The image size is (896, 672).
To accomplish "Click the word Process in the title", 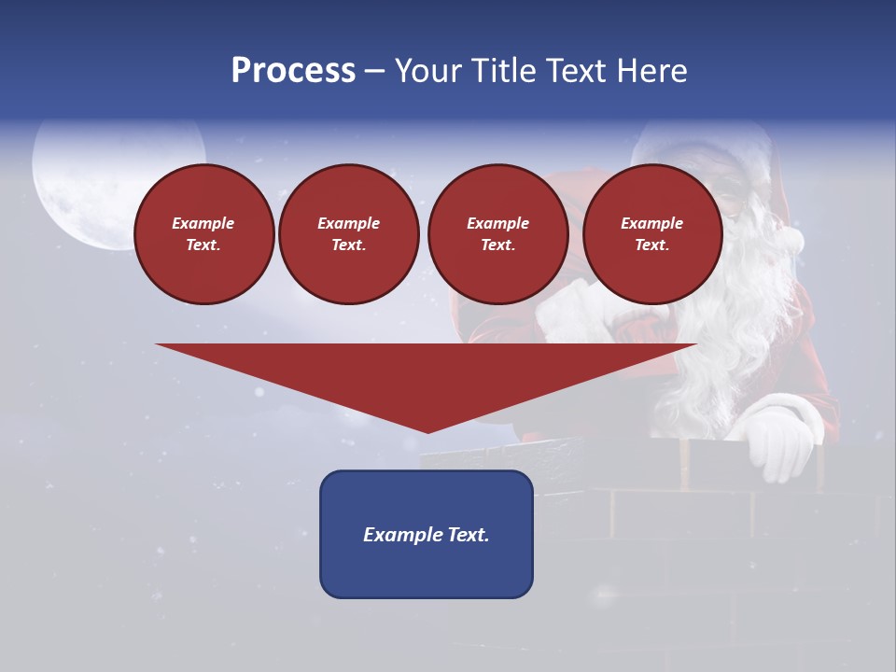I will [x=293, y=71].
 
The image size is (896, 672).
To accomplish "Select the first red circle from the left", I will [x=203, y=234].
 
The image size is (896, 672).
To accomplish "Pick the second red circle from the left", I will [x=348, y=234].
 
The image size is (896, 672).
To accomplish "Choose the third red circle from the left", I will [x=497, y=234].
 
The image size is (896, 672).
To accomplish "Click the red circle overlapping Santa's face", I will [x=651, y=234].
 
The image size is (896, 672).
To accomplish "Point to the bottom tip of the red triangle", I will [x=427, y=431].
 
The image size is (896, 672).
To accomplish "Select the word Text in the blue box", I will [x=467, y=535].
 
